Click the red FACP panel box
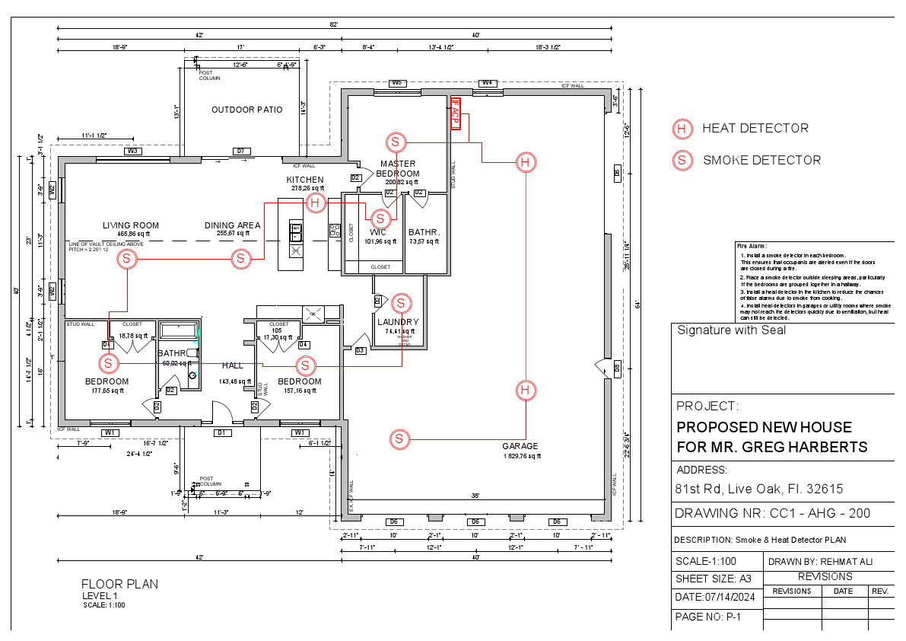pos(456,114)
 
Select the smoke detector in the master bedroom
pos(396,142)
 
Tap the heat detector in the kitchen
pos(316,203)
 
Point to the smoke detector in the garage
pos(399,438)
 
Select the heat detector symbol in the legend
pos(682,129)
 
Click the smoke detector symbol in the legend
pos(682,160)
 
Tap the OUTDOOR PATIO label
pos(246,110)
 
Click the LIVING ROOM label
pos(131,225)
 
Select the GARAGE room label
pos(520,446)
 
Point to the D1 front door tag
pos(222,432)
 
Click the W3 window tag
pos(133,151)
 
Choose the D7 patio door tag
pos(240,151)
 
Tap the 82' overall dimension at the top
pos(333,25)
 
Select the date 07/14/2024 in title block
pos(719,598)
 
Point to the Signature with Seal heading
pos(731,330)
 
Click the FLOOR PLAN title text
pos(120,584)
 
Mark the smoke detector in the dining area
pos(240,259)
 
